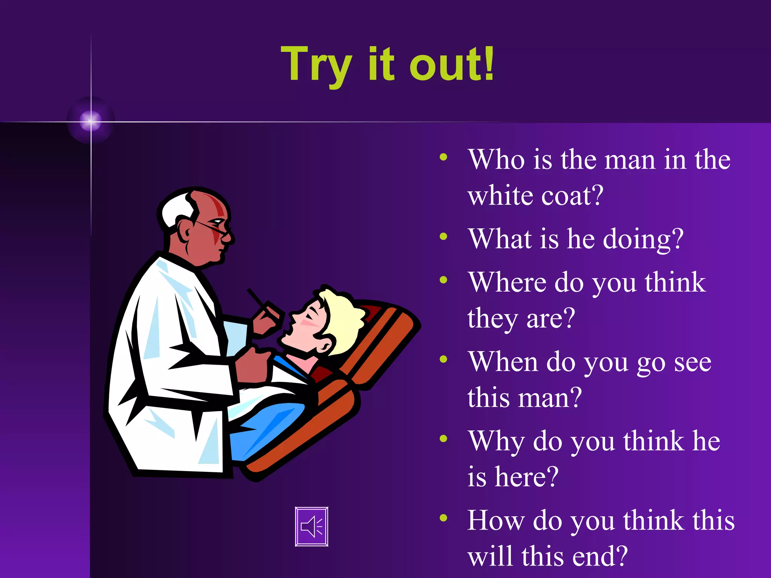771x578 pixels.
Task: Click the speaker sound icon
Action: (311, 526)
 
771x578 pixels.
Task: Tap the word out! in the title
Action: (452, 64)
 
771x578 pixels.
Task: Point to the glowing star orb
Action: (91, 121)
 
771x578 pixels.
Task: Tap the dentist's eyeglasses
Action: (215, 228)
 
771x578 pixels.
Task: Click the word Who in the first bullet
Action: (497, 160)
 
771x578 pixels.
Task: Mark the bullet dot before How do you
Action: (443, 518)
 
